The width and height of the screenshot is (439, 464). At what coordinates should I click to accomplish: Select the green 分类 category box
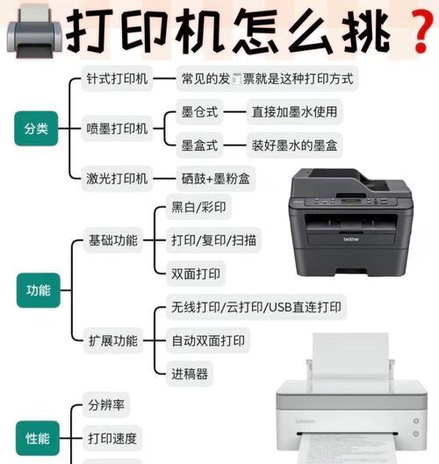click(36, 128)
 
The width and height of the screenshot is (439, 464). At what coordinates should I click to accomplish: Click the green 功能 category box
click(39, 289)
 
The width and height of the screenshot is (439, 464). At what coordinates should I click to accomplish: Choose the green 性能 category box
click(39, 437)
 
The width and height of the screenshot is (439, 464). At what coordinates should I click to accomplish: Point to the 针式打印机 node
click(117, 79)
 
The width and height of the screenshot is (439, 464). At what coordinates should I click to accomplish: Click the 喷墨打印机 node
click(117, 128)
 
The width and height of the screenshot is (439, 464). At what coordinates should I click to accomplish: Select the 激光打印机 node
click(117, 178)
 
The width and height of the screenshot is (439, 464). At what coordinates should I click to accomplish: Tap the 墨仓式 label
click(199, 111)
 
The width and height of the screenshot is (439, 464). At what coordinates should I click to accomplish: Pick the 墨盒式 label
click(199, 145)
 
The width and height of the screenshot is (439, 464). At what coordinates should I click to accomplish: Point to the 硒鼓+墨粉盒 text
click(215, 178)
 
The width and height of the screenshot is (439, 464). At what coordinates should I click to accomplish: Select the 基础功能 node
click(112, 239)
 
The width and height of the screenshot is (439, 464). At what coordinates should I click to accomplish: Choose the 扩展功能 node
click(112, 339)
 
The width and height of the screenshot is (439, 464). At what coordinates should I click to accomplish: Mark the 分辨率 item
click(106, 405)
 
